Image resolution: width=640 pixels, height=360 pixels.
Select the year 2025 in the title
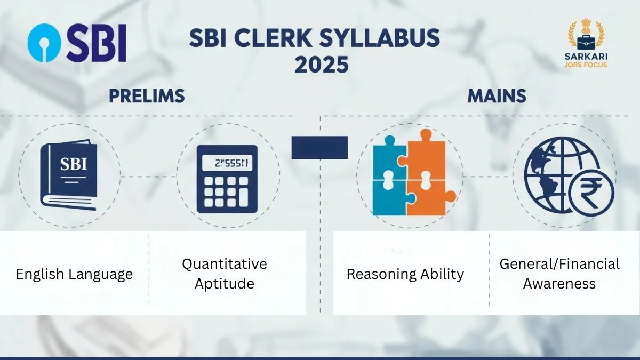click(x=322, y=65)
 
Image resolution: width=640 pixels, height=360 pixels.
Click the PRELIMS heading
click(x=147, y=96)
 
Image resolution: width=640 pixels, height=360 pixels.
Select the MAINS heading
click(x=497, y=96)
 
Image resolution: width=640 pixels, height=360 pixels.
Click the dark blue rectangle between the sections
click(x=319, y=148)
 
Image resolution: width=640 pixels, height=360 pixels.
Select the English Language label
click(x=74, y=274)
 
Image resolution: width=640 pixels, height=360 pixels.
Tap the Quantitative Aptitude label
click(x=224, y=274)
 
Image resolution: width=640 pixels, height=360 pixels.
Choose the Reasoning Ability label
click(x=405, y=274)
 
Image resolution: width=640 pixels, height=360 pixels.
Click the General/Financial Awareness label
click(x=559, y=274)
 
